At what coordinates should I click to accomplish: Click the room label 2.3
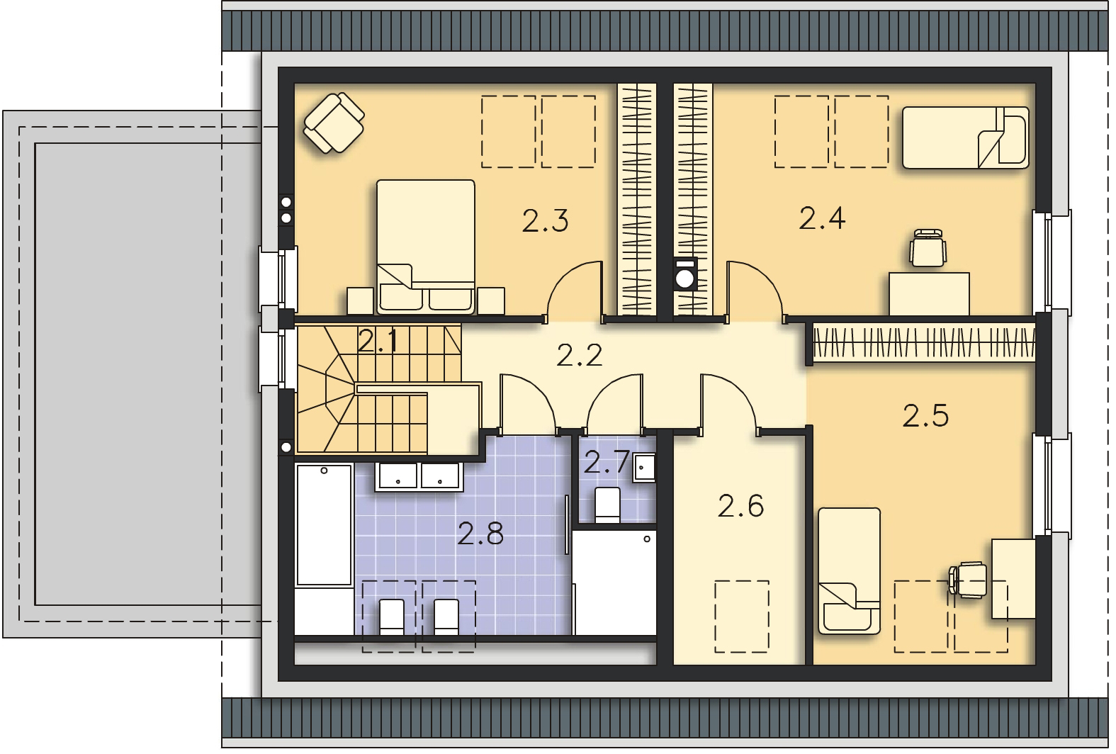tap(545, 221)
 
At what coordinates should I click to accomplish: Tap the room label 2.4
tap(822, 218)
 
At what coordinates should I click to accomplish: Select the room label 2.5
tap(925, 416)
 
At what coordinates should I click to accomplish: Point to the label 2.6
tap(741, 506)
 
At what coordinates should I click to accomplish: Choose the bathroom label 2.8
tap(480, 534)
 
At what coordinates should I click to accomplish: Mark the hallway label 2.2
tap(580, 355)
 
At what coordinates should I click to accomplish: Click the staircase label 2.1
tap(378, 341)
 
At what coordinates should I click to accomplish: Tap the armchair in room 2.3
tap(334, 123)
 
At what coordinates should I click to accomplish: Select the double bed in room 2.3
tap(426, 247)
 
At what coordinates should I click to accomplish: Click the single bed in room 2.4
tap(966, 137)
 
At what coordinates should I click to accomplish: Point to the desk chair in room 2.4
tap(928, 248)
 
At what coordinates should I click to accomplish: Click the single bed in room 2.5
tap(849, 570)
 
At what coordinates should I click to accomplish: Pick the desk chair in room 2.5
tap(967, 580)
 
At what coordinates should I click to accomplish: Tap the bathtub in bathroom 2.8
tap(325, 524)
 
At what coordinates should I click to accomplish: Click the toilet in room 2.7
tap(607, 505)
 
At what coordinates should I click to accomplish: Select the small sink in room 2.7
tap(644, 468)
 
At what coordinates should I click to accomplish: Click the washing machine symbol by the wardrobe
tap(685, 274)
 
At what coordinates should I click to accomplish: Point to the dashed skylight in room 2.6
tap(742, 617)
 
